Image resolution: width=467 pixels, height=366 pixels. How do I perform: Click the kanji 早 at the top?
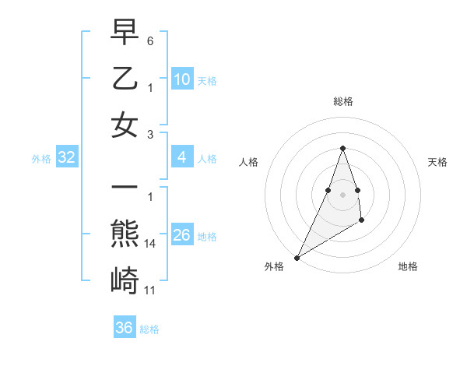click(125, 32)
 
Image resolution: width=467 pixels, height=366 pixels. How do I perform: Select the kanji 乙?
click(125, 79)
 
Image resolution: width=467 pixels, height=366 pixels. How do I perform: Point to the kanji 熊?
click(125, 235)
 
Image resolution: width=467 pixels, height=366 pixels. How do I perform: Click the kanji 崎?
click(125, 281)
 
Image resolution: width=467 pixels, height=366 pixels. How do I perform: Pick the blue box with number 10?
click(181, 79)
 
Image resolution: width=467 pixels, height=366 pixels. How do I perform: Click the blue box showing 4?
click(181, 157)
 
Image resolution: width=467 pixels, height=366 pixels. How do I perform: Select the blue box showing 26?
click(181, 235)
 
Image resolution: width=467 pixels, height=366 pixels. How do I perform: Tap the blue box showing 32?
click(66, 157)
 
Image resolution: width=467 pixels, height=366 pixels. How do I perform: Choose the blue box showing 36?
click(125, 328)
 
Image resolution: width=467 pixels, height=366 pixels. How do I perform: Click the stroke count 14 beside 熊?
click(150, 244)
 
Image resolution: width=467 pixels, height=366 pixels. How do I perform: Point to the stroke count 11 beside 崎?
click(150, 290)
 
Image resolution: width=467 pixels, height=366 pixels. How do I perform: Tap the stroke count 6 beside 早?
click(150, 40)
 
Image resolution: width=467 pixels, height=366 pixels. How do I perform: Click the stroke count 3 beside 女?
click(150, 133)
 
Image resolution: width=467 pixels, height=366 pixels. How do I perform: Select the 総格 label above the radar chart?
click(342, 101)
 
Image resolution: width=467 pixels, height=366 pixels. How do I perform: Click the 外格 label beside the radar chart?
click(274, 266)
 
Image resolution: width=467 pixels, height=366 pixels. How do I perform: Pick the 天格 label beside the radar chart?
click(437, 162)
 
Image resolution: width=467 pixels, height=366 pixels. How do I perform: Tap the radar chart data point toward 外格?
click(297, 258)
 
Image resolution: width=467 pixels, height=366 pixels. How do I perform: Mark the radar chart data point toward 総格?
click(342, 148)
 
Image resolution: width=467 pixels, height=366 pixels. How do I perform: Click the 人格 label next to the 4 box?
click(207, 158)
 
